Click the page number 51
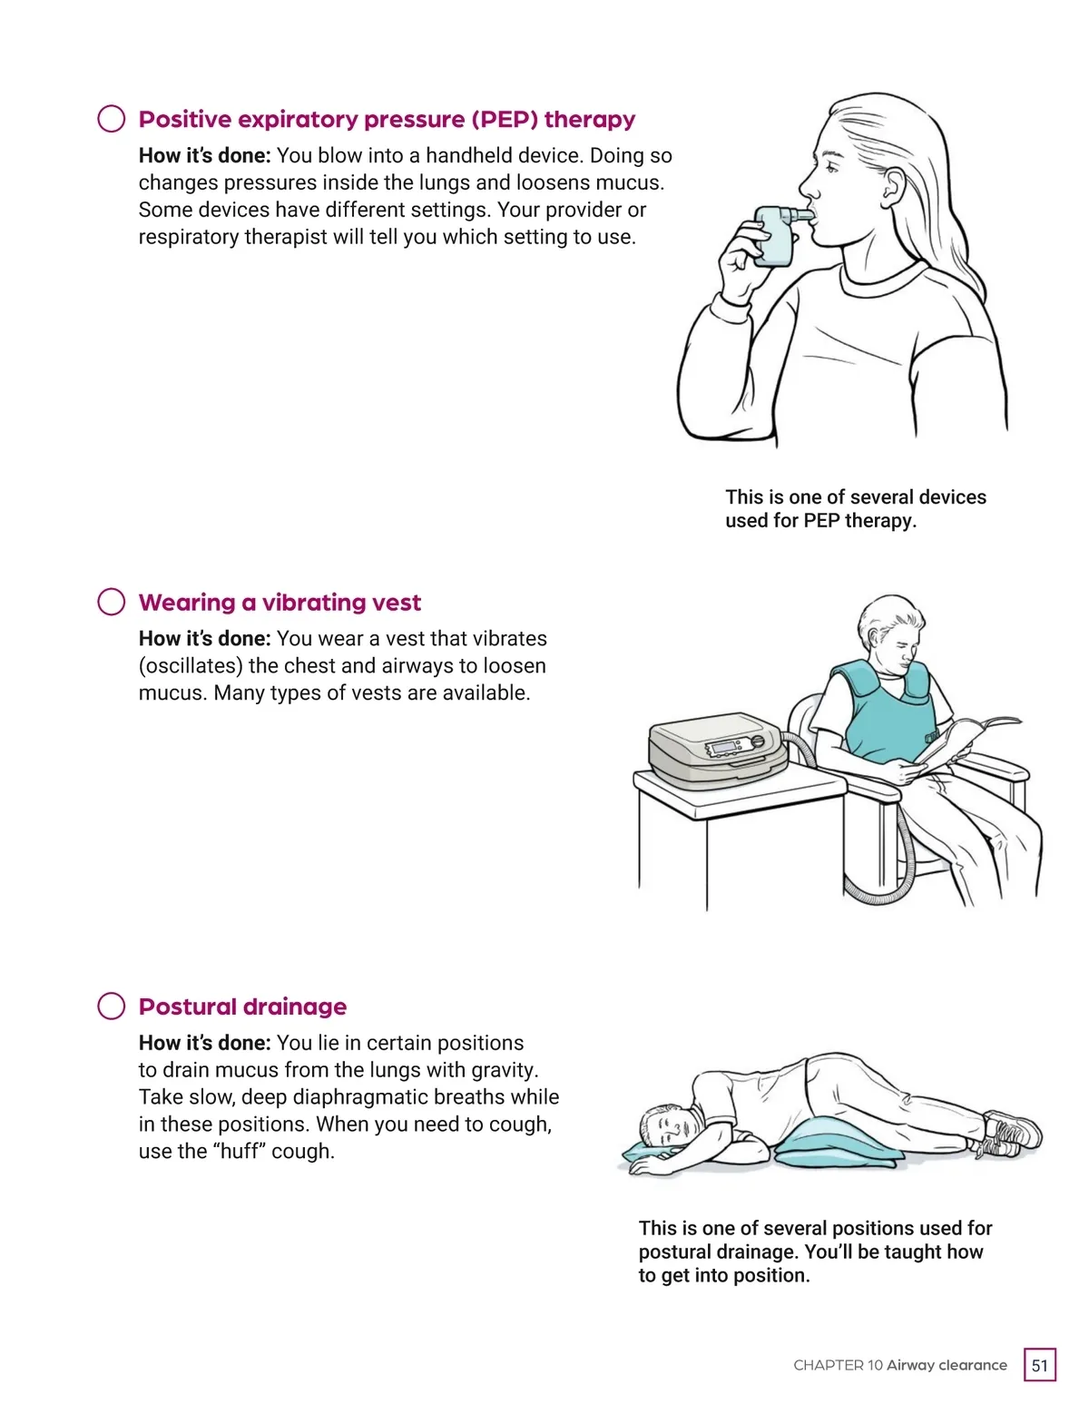pyautogui.click(x=1039, y=1365)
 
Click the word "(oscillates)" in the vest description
pyautogui.click(x=191, y=665)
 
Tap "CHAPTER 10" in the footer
pyautogui.click(x=838, y=1365)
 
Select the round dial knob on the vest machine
pyautogui.click(x=757, y=741)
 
